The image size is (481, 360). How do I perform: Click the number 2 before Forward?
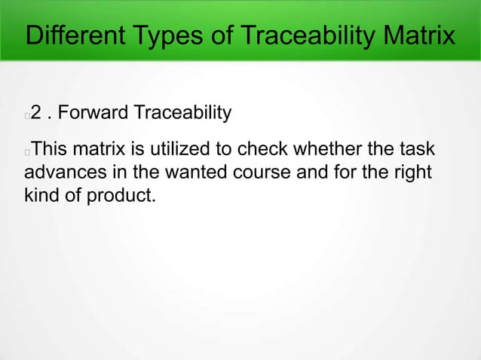[x=36, y=114]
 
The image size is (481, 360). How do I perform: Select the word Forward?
[x=93, y=114]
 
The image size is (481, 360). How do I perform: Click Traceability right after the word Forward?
[x=182, y=114]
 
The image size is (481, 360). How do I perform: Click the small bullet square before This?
[x=27, y=151]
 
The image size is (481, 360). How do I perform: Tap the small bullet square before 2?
[x=27, y=116]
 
